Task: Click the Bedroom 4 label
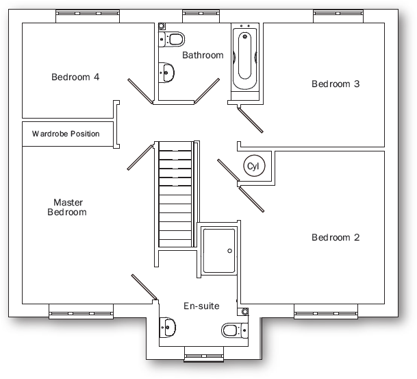coord(75,77)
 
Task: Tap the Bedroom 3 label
coord(336,84)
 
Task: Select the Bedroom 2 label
coord(336,238)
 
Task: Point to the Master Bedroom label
coord(67,207)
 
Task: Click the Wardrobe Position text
coord(66,134)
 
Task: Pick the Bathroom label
coord(203,55)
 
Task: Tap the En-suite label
coord(201,306)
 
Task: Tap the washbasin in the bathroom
coord(166,70)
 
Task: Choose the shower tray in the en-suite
coord(219,252)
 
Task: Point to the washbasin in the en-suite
coord(167,327)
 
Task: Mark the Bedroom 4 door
coord(140,90)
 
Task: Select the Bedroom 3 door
coord(251,121)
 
